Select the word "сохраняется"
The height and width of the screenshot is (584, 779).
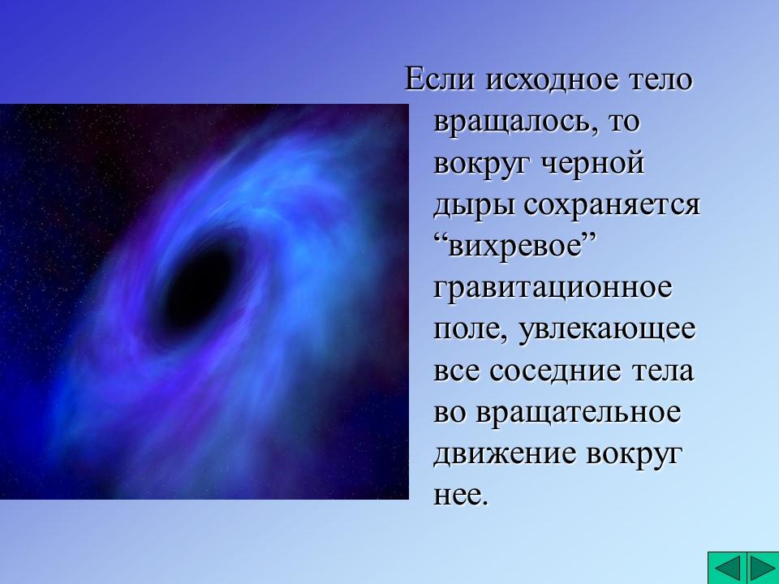pyautogui.click(x=611, y=205)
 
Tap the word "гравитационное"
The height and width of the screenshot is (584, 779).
pyautogui.click(x=553, y=288)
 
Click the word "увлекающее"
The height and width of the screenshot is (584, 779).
pyautogui.click(x=603, y=330)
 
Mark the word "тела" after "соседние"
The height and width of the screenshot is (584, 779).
pyautogui.click(x=662, y=371)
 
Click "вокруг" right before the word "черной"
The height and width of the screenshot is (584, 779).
pyautogui.click(x=483, y=164)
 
